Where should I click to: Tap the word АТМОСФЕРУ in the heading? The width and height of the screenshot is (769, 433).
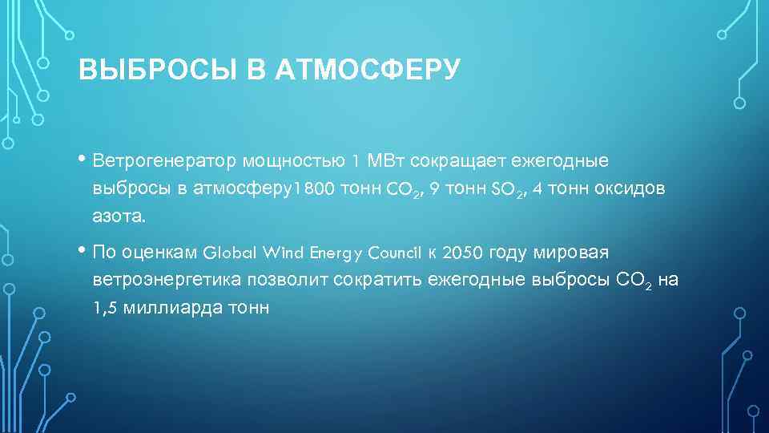pyautogui.click(x=368, y=71)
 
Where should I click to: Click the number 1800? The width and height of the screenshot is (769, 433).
pyautogui.click(x=314, y=189)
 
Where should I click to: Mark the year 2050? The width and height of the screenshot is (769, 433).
pyautogui.click(x=462, y=253)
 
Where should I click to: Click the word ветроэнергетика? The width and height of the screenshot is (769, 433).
pyautogui.click(x=159, y=280)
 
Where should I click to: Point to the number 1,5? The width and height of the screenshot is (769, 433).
pyautogui.click(x=103, y=307)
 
